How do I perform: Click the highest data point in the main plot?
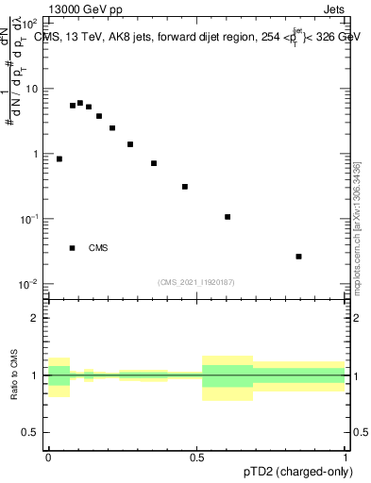click(80, 103)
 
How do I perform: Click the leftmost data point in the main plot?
click(59, 159)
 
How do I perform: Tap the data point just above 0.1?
click(228, 217)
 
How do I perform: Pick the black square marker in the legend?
click(72, 248)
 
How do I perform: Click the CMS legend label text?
click(98, 248)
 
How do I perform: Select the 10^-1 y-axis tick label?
click(33, 219)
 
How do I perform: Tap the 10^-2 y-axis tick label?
click(33, 284)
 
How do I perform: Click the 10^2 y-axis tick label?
click(33, 25)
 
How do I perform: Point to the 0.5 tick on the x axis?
click(198, 458)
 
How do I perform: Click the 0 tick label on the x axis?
click(49, 458)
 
